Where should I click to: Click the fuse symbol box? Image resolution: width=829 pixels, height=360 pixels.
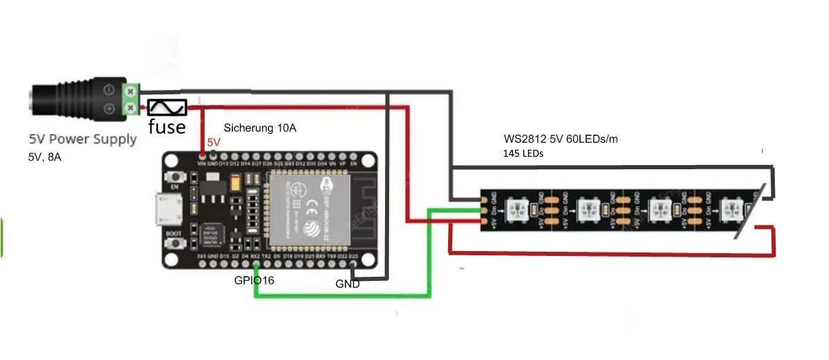pos(167,108)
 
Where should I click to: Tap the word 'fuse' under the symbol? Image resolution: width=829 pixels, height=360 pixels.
pos(167,127)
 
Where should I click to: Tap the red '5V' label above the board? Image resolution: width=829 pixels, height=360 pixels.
pos(214,142)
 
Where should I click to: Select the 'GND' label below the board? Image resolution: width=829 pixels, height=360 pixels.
pos(348,284)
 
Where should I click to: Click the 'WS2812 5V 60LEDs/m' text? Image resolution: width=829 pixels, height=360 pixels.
pos(561,139)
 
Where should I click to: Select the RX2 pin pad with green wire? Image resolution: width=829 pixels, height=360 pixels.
pos(255,262)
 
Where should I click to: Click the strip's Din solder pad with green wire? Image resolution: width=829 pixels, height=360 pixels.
pos(484,209)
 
